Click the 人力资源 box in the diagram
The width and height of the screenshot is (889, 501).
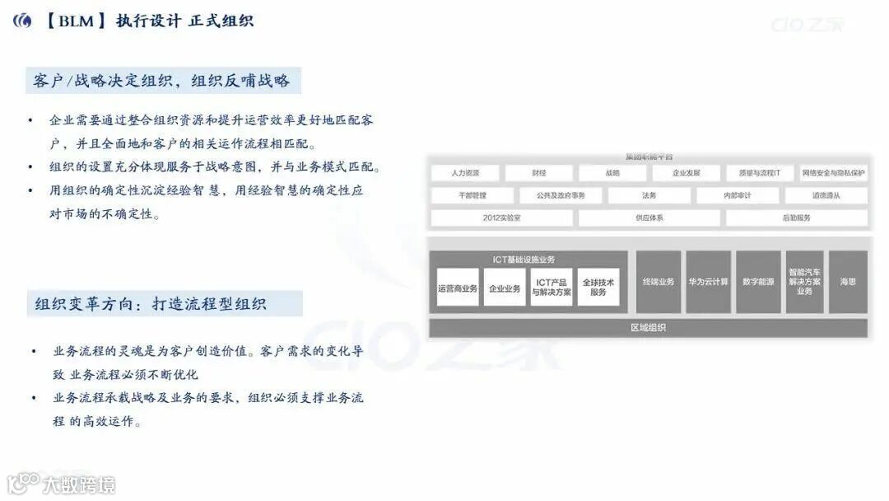click(465, 174)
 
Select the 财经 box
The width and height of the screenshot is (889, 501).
click(539, 174)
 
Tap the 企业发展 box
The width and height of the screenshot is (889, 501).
click(686, 174)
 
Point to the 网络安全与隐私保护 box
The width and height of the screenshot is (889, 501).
click(833, 174)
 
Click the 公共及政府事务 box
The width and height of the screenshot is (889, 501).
click(561, 196)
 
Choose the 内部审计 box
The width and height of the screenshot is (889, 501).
click(737, 196)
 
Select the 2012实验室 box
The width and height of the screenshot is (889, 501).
click(501, 218)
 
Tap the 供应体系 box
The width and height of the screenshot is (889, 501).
click(649, 218)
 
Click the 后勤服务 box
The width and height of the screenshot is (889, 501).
click(796, 218)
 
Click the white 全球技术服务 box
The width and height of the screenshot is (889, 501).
click(598, 288)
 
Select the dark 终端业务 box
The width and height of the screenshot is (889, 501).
click(658, 282)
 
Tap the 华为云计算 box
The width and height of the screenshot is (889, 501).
click(708, 282)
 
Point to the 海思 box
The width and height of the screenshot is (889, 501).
click(848, 282)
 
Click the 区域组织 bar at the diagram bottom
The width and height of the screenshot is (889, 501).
click(648, 328)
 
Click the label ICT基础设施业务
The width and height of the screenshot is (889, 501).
click(524, 260)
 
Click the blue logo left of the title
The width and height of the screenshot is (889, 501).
click(23, 21)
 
